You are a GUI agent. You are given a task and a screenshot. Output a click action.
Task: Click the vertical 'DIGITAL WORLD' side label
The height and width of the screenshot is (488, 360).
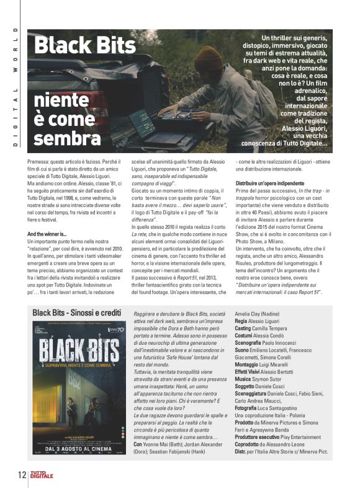(16, 87)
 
